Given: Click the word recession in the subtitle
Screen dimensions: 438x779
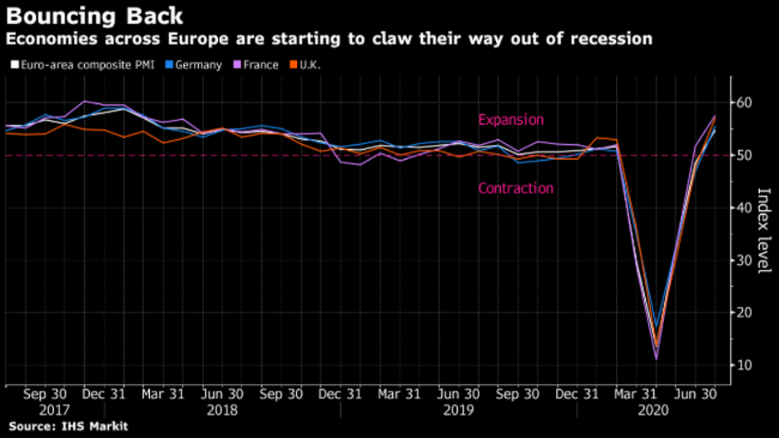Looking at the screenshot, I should click(608, 39).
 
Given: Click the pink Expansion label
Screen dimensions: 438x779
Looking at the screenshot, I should click(510, 120).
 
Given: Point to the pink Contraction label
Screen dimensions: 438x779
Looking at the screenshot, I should click(514, 188).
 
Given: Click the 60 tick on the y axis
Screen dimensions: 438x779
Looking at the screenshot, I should click(744, 102).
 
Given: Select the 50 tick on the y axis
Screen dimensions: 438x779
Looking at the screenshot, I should click(744, 155).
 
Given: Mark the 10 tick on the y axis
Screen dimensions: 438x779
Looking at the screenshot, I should click(744, 366).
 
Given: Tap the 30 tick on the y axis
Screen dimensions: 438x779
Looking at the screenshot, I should click(744, 261).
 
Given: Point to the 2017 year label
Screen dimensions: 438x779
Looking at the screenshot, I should click(55, 411).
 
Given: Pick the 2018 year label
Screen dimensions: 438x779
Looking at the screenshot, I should click(223, 411).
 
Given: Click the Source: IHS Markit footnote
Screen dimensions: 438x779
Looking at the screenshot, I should click(65, 426).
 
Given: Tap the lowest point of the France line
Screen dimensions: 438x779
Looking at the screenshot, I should click(657, 359).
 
